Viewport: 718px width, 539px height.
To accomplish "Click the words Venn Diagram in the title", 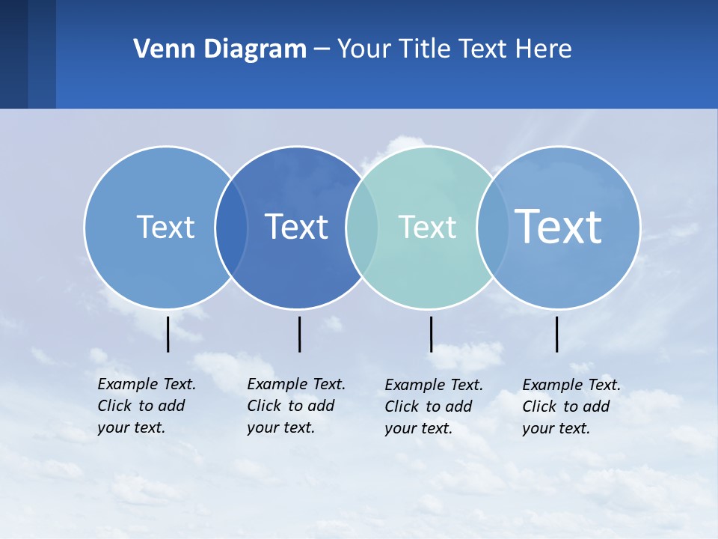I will [220, 49].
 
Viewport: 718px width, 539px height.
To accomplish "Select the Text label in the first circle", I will [165, 227].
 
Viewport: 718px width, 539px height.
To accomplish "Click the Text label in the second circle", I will [297, 227].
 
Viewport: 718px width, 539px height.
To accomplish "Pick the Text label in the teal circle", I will [427, 227].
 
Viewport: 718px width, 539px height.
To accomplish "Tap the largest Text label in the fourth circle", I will [559, 226].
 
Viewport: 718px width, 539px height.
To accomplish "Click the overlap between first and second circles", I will [231, 227].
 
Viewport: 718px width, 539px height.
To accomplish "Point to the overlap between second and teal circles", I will [362, 227].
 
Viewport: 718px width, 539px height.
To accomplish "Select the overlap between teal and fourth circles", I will [492, 227].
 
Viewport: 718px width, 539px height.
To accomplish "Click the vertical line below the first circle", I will [168, 334].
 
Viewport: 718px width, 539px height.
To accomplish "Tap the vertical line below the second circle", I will [299, 334].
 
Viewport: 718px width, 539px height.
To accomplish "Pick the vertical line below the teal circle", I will [431, 334].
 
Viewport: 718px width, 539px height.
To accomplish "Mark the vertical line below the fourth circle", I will [556, 334].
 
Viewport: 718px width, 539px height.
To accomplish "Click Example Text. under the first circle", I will [147, 384].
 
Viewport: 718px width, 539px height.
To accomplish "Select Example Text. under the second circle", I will [296, 384].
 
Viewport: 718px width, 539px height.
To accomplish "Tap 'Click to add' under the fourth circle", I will [566, 406].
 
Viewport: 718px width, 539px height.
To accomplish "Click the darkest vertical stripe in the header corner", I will [13, 54].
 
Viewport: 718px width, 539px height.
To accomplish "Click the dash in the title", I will [322, 49].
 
